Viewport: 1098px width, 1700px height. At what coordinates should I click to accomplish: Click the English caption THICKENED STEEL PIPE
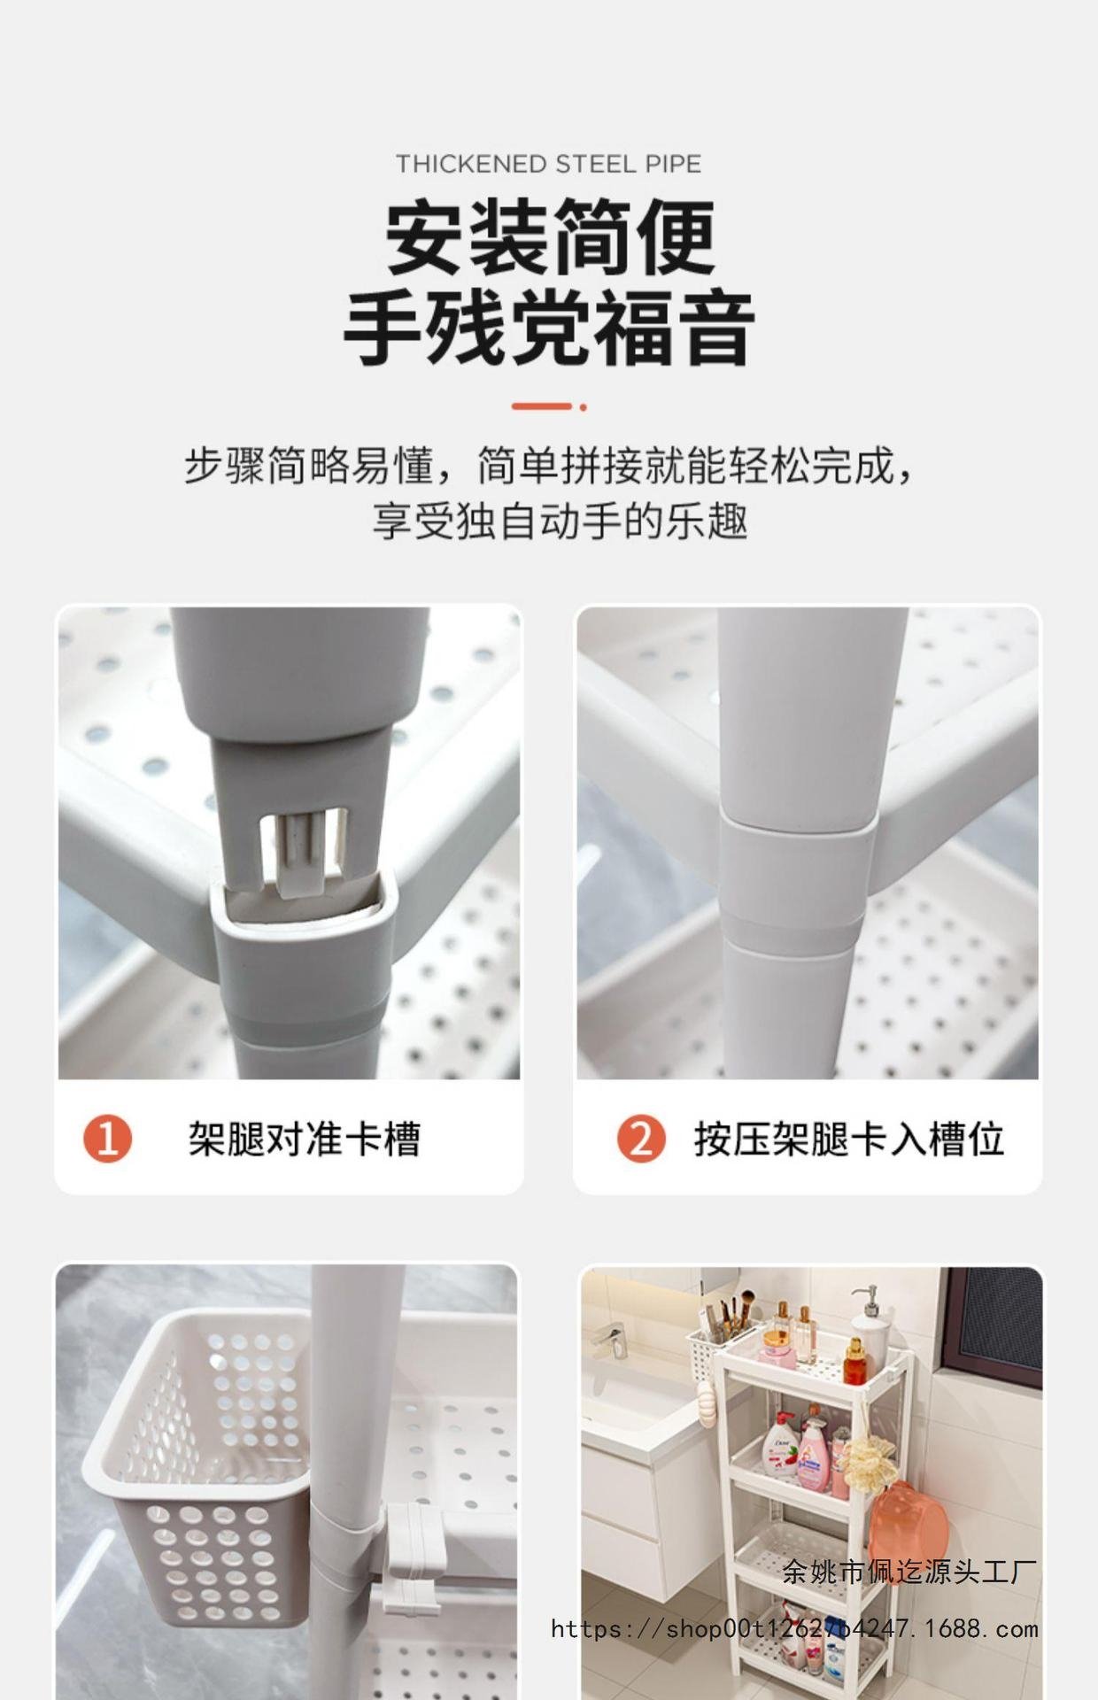point(548,164)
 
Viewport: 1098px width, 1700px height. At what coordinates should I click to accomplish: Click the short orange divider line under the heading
point(549,406)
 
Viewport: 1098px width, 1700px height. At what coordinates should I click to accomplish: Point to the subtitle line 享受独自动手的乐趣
point(560,520)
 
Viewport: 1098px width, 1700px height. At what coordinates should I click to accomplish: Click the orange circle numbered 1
point(108,1139)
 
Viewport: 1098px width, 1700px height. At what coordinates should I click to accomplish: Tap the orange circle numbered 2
point(641,1139)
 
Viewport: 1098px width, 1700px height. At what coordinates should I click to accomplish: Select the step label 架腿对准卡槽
point(304,1139)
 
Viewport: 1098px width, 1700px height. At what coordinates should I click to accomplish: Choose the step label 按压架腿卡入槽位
point(848,1139)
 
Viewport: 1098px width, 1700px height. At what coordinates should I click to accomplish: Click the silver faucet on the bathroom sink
point(608,1341)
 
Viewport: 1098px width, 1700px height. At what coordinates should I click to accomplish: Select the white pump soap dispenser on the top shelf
point(869,1327)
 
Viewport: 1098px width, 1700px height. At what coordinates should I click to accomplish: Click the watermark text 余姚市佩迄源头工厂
point(909,1572)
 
